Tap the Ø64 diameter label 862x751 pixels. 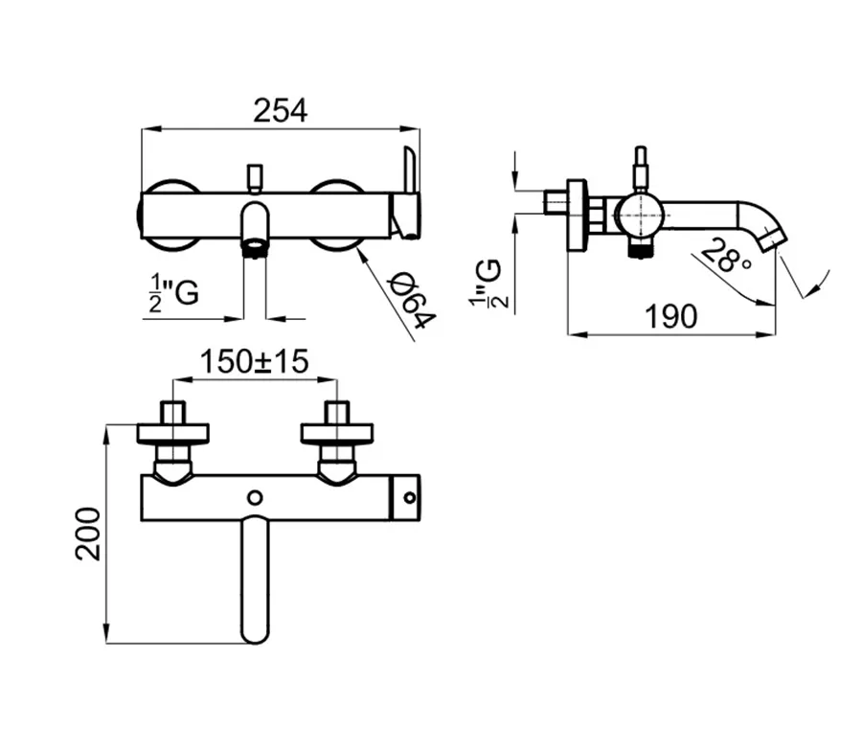coord(412,303)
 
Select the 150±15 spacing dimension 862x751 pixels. coord(254,362)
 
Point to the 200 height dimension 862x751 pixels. coord(88,534)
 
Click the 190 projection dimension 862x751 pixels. coord(670,316)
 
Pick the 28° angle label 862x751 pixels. coord(727,255)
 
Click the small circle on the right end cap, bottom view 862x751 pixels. coord(410,498)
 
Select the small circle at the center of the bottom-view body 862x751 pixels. coord(255,498)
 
